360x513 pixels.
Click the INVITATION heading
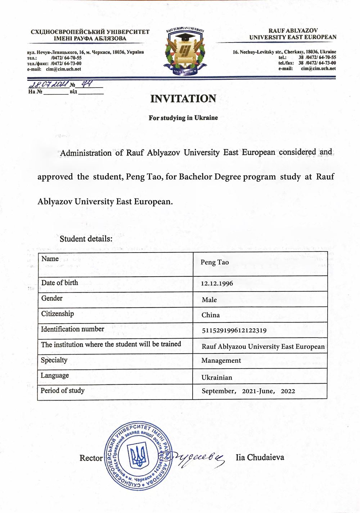pyautogui.click(x=183, y=99)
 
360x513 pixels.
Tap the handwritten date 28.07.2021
pyautogui.click(x=49, y=85)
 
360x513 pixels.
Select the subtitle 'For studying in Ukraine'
pyautogui.click(x=183, y=118)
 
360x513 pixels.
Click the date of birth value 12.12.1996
pyautogui.click(x=217, y=284)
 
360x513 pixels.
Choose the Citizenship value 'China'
pyautogui.click(x=211, y=315)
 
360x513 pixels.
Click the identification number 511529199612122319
pyautogui.click(x=234, y=330)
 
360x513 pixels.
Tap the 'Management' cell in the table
pyautogui.click(x=221, y=361)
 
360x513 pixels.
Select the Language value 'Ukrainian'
pyautogui.click(x=217, y=378)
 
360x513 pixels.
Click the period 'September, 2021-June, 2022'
pyautogui.click(x=248, y=391)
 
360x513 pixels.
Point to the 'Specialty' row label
pyautogui.click(x=54, y=360)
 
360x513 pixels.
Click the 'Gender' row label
pyautogui.click(x=52, y=298)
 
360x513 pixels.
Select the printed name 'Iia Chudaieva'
pyautogui.click(x=260, y=458)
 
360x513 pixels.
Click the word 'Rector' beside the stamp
pyautogui.click(x=91, y=458)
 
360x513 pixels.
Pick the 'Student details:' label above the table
pyautogui.click(x=86, y=239)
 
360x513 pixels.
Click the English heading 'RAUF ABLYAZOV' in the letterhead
pyautogui.click(x=293, y=31)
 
